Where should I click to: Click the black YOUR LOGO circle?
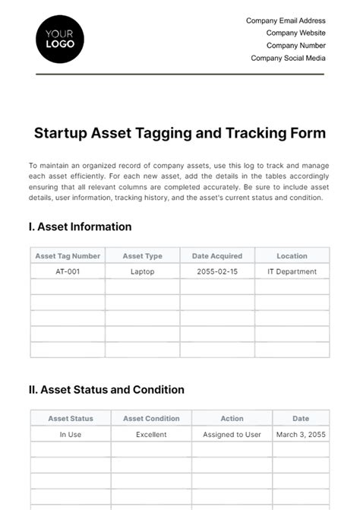click(60, 39)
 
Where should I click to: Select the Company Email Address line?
click(286, 21)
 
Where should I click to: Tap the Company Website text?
click(295, 33)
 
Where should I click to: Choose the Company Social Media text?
click(288, 58)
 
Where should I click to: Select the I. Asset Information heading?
click(80, 226)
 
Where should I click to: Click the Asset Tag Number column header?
click(67, 256)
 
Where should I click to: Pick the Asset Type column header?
click(142, 256)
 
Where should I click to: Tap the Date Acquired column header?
click(217, 256)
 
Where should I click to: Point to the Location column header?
click(292, 256)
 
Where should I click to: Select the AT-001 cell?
click(67, 271)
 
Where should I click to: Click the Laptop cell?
click(142, 271)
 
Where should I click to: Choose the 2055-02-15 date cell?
click(217, 271)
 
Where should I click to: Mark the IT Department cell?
click(292, 271)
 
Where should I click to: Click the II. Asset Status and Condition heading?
click(106, 390)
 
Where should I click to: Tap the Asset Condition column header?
click(151, 419)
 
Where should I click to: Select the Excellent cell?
click(151, 435)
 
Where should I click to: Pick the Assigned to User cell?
click(232, 435)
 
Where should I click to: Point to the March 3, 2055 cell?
click(301, 435)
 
